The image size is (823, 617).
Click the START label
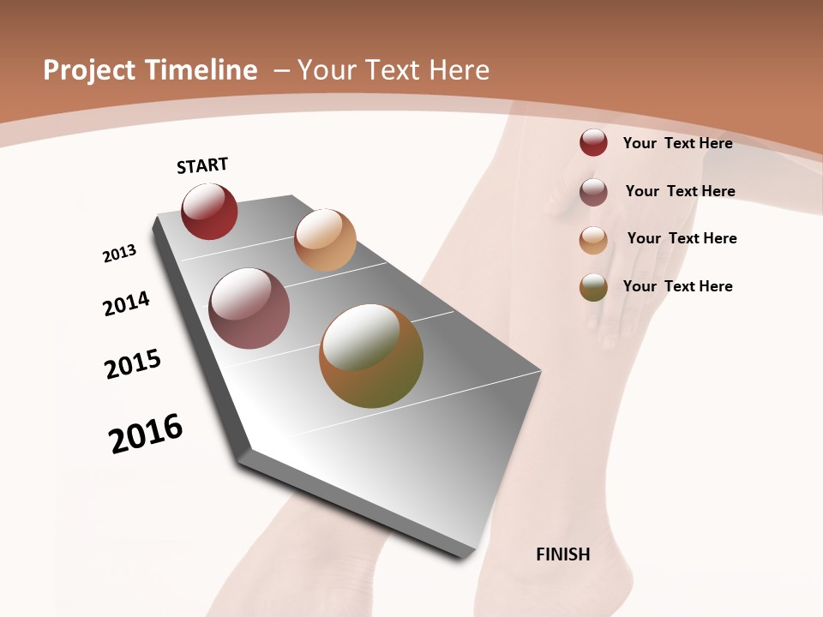202,165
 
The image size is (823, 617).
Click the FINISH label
563,554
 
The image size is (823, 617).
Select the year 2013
119,254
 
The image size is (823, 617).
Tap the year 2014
126,303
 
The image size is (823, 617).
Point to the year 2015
133,363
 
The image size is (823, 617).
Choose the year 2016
146,434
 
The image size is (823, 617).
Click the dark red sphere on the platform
209,212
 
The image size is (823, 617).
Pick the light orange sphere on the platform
325,240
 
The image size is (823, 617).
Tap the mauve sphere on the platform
249,308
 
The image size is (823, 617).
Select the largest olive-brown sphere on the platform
371,356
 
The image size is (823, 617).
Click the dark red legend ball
593,142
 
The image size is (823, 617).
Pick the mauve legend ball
593,192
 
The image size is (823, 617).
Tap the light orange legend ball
593,240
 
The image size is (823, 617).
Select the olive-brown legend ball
593,288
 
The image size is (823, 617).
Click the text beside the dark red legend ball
677,143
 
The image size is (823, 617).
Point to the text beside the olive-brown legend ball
677,286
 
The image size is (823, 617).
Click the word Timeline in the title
201,70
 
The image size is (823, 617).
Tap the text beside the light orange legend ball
682,238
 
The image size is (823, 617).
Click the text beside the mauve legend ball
680,191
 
